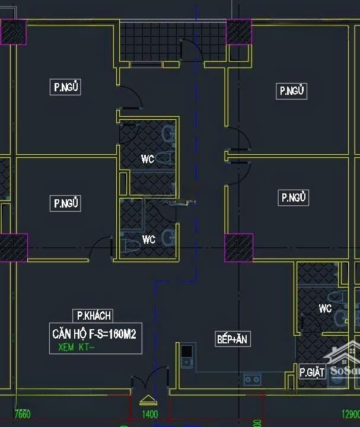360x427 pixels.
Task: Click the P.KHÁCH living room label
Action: point(92,316)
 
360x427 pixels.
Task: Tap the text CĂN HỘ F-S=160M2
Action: point(94,334)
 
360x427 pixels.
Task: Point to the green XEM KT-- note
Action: point(76,348)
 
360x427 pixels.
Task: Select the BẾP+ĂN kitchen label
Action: point(232,339)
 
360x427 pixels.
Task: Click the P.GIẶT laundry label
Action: point(312,372)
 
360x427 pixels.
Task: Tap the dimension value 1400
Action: point(150,414)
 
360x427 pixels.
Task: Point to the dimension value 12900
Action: point(350,414)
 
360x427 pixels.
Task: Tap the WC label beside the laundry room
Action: point(325,308)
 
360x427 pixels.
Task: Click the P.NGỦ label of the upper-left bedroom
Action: point(66,88)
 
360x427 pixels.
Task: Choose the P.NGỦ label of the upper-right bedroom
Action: point(293,91)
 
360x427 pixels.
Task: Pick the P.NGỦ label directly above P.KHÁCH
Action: point(66,203)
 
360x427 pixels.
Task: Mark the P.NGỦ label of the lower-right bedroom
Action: point(294,197)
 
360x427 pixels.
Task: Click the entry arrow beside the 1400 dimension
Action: point(146,400)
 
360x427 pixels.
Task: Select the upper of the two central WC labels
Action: point(148,159)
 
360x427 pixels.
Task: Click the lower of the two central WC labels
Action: point(148,240)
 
